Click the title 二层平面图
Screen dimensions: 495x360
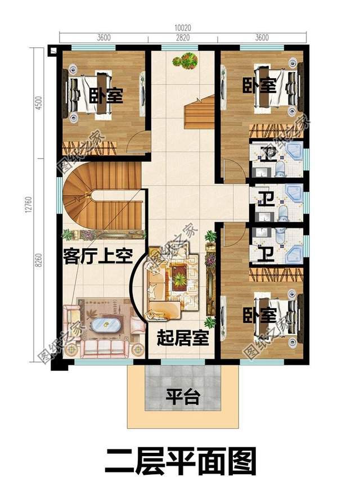[180, 461]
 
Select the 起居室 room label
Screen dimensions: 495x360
[183, 338]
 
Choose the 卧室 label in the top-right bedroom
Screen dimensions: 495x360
[260, 87]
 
